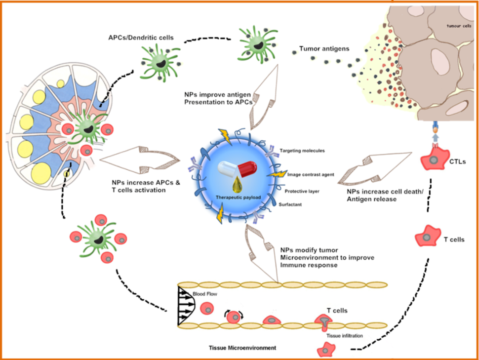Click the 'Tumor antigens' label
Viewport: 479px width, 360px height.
click(x=324, y=49)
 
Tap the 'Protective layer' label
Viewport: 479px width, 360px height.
click(x=301, y=190)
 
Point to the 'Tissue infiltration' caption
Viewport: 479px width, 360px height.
click(x=344, y=336)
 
